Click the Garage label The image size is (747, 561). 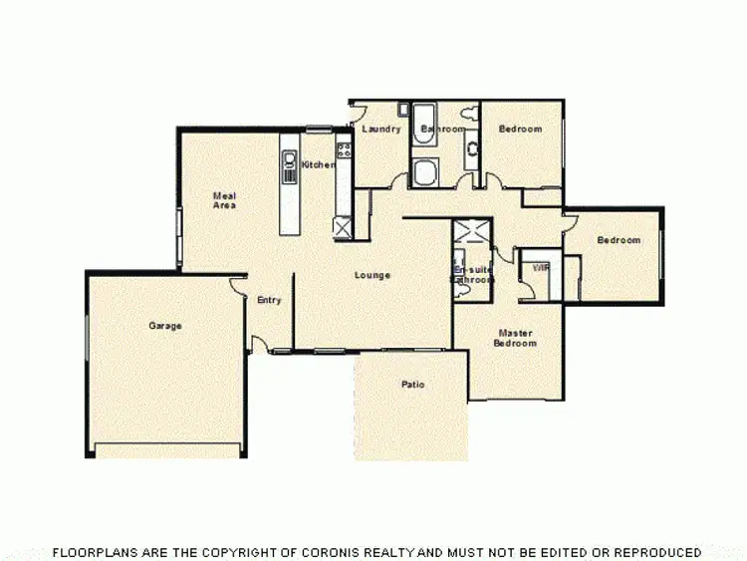pyautogui.click(x=165, y=326)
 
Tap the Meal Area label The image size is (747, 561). pyautogui.click(x=224, y=199)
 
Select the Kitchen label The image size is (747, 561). pyautogui.click(x=319, y=164)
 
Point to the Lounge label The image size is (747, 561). pyautogui.click(x=373, y=275)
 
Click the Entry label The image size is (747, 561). pyautogui.click(x=269, y=300)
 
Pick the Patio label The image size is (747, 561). pyautogui.click(x=413, y=384)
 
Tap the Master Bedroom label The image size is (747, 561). pyautogui.click(x=515, y=338)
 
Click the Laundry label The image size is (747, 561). pyautogui.click(x=381, y=130)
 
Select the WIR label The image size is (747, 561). pyautogui.click(x=541, y=268)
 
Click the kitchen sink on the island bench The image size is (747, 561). pyautogui.click(x=290, y=165)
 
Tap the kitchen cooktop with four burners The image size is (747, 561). pyautogui.click(x=345, y=151)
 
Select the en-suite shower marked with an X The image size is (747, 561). pyautogui.click(x=472, y=234)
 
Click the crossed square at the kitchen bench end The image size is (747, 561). pyautogui.click(x=344, y=228)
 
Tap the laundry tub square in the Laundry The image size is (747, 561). pyautogui.click(x=404, y=110)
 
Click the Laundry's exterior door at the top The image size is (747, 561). pyautogui.click(x=356, y=112)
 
